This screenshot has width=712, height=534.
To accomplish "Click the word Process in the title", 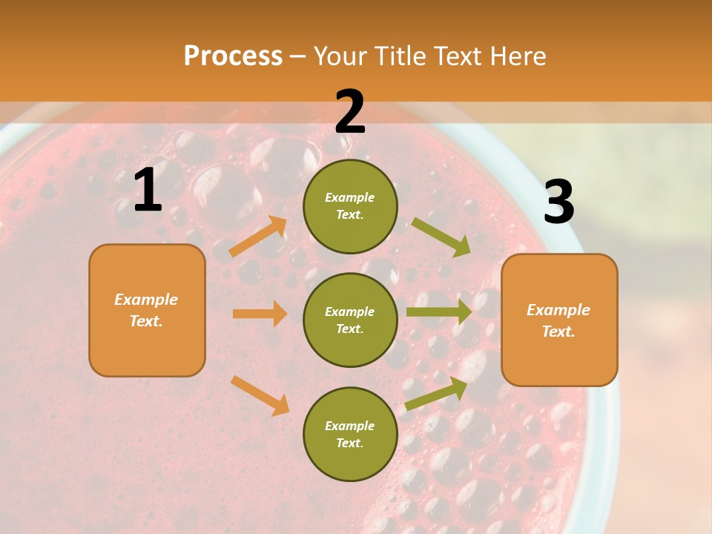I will pos(233,56).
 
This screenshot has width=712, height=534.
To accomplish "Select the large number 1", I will pos(148,191).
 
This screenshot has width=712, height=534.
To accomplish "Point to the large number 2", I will pos(350,112).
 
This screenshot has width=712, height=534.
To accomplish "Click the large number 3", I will pos(558,202).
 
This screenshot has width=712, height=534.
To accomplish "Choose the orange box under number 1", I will pos(147,310).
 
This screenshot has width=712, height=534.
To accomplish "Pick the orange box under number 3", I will pos(559,320).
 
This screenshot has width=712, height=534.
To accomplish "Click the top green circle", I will pos(350,205).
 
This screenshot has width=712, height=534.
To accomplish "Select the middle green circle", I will pos(350,320).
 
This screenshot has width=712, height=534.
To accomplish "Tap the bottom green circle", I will pos(350,434).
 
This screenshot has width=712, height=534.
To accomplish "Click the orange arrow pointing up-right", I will pos(258,237).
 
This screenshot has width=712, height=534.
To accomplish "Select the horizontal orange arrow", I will pos(260,314).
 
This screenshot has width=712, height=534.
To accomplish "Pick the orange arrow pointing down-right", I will pos(260,395).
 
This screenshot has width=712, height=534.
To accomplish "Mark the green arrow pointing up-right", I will pos(436,394).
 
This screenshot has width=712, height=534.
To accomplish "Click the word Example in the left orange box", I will pos(146,300).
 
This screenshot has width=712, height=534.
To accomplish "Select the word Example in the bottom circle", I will pos(349,426).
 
